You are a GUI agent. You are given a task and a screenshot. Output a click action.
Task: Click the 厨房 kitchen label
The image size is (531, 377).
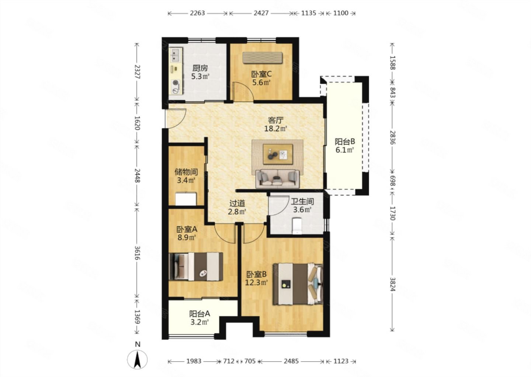(200, 68)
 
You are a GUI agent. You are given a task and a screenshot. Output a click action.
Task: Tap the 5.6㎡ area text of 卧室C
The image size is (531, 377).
(261, 83)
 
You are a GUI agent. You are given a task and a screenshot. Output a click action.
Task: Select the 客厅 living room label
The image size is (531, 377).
(276, 120)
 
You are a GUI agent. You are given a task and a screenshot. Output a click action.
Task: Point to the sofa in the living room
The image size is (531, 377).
(277, 179)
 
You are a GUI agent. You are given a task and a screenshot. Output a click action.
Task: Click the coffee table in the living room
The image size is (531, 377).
(278, 154)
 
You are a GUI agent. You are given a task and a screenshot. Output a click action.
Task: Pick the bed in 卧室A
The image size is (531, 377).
(196, 267)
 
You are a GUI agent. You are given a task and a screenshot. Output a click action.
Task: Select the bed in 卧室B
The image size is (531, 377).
(298, 284)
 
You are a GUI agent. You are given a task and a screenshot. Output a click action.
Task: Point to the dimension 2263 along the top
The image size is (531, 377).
(197, 13)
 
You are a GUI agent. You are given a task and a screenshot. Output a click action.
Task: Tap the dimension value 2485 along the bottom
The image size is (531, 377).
(291, 361)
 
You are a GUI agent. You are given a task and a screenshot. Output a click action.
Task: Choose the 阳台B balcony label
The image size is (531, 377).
(345, 142)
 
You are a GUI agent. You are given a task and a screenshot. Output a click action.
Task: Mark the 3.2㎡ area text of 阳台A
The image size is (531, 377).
(199, 323)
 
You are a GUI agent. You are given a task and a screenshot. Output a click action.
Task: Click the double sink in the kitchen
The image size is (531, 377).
(176, 55)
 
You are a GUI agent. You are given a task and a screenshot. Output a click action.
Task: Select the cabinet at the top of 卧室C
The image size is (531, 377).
(263, 57)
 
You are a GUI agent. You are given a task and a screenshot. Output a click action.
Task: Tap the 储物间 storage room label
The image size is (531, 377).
(186, 172)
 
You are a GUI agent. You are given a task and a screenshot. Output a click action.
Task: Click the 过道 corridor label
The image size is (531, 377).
(237, 203)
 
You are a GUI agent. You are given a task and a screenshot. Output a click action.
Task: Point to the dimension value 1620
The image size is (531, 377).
(137, 123)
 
